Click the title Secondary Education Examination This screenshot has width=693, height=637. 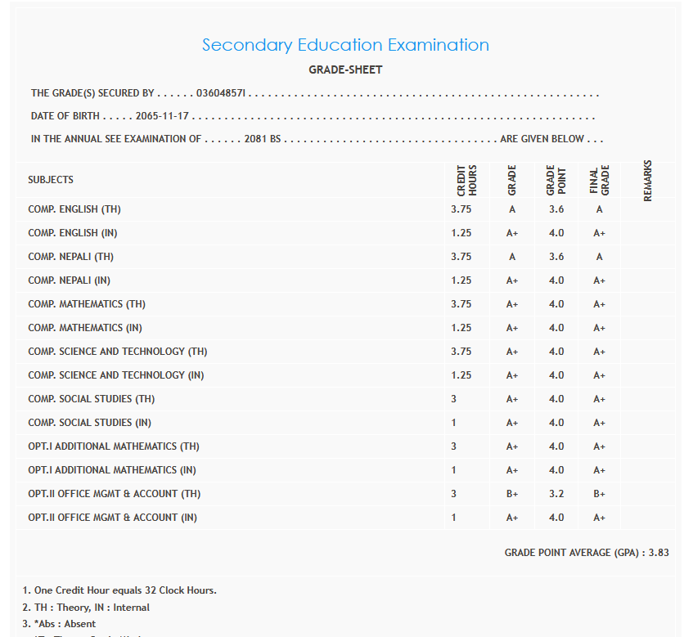(345, 45)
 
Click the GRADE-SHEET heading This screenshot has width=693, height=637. (345, 70)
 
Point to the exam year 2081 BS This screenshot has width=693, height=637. (262, 139)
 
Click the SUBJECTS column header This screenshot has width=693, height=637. (51, 180)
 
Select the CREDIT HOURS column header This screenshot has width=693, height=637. (466, 180)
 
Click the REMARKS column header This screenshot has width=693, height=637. (648, 180)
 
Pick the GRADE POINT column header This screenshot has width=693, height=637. (556, 180)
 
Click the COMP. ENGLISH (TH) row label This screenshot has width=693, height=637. (74, 209)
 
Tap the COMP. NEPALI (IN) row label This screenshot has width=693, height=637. (69, 280)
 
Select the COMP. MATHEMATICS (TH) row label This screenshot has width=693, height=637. (87, 304)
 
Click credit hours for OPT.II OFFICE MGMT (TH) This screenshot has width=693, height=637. (454, 494)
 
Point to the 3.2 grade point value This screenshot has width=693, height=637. (556, 494)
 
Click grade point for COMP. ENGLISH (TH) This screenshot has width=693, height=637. (556, 209)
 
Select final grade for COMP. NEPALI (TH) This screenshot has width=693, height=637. (600, 257)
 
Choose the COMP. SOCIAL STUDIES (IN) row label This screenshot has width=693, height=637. (89, 423)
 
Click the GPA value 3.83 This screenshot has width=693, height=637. (659, 553)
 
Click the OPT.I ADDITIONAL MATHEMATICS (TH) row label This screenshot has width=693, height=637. (114, 446)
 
